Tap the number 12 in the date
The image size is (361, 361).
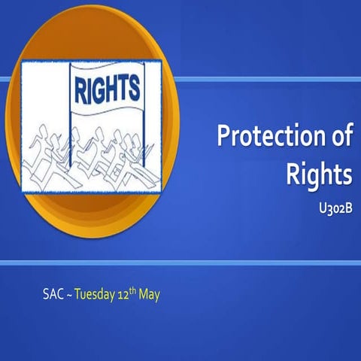point(126,293)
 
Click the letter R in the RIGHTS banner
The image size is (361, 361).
point(79,89)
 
